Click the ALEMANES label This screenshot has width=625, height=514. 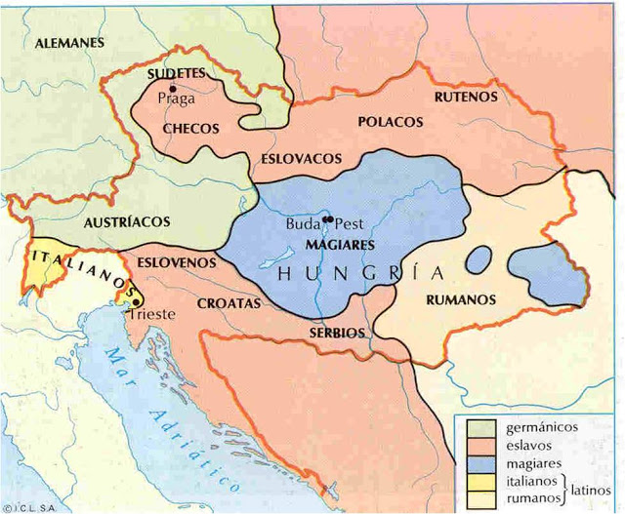[x=69, y=43]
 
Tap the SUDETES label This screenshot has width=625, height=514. [x=176, y=73]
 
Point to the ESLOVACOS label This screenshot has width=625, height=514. [x=302, y=157]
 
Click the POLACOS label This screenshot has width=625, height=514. [x=391, y=122]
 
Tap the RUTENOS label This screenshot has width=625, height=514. [x=466, y=97]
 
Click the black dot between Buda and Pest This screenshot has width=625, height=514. [x=327, y=218]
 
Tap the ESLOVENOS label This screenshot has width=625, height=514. [x=177, y=262]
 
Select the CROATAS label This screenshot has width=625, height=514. [x=229, y=303]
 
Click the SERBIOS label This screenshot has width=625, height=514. [x=337, y=333]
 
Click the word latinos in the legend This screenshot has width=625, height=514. [x=594, y=490]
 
